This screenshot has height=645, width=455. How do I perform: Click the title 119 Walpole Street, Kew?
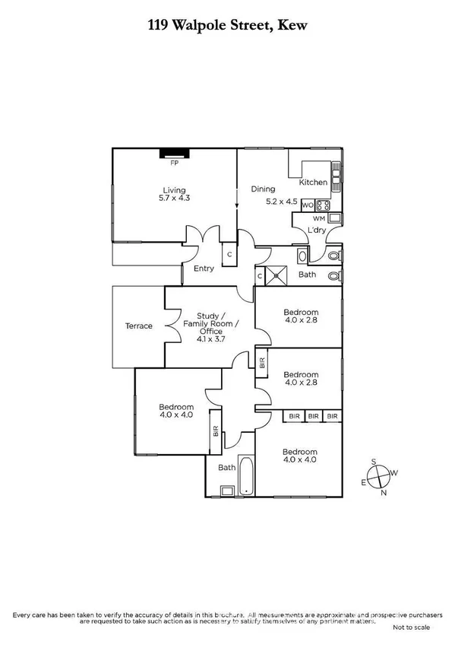pyautogui.click(x=227, y=26)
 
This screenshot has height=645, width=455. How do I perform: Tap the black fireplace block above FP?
pyautogui.click(x=174, y=153)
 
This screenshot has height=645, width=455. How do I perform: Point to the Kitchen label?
pyautogui.click(x=313, y=183)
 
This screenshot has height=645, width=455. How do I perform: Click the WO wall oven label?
pyautogui.click(x=307, y=205)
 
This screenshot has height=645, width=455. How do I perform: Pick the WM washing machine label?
pyautogui.click(x=319, y=219)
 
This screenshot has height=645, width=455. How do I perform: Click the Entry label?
pyautogui.click(x=204, y=268)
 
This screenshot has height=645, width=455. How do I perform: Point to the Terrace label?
pyautogui.click(x=139, y=326)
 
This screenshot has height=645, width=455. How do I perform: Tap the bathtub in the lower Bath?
pyautogui.click(x=246, y=475)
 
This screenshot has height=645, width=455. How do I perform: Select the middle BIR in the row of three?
pyautogui.click(x=313, y=416)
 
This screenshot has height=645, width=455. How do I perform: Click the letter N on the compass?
pyautogui.click(x=383, y=494)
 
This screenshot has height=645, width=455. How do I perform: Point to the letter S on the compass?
pyautogui.click(x=374, y=462)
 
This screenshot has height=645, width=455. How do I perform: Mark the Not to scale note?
pyautogui.click(x=412, y=628)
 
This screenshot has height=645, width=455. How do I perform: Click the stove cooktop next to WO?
pyautogui.click(x=322, y=205)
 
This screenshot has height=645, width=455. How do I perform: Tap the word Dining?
pyautogui.click(x=263, y=189)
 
